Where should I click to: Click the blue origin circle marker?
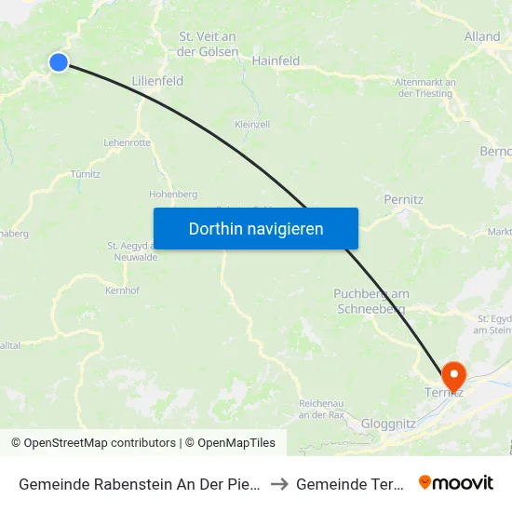tap(58, 62)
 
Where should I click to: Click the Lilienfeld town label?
tap(157, 81)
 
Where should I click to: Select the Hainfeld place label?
tap(276, 61)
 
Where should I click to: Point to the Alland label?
tap(481, 37)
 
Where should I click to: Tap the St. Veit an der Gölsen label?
tap(207, 44)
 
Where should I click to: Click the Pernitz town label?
tap(404, 199)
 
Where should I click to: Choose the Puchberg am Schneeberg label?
tap(371, 301)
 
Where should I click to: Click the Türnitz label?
tap(85, 174)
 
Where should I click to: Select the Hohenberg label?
tap(173, 195)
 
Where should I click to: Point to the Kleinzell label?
tap(252, 124)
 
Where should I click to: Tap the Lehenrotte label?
tap(127, 142)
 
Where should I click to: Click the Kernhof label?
tap(122, 290)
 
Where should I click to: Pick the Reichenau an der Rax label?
tap(324, 408)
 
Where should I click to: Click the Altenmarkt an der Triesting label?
tap(424, 88)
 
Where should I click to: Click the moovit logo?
tap(456, 482)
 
